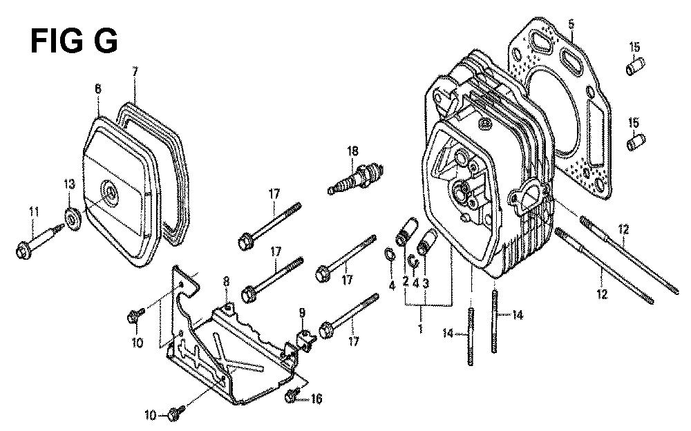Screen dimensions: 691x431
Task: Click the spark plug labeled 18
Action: (x=356, y=178)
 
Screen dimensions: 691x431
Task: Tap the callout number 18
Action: (x=352, y=151)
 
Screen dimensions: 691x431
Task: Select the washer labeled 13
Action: (x=73, y=218)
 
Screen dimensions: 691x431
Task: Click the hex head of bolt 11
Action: (x=22, y=251)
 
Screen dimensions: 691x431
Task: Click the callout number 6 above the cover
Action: (x=98, y=88)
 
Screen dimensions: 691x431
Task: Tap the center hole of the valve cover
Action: (x=110, y=192)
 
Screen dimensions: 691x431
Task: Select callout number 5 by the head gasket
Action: (x=571, y=23)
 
